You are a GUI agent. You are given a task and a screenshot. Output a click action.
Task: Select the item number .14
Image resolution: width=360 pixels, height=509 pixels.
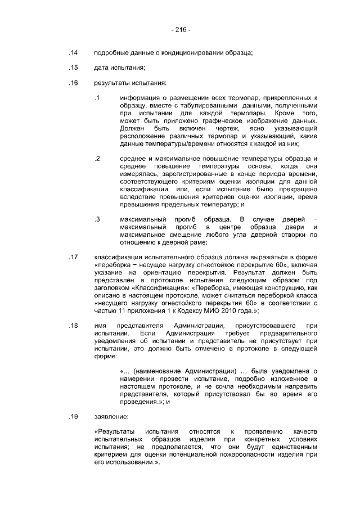click(73, 53)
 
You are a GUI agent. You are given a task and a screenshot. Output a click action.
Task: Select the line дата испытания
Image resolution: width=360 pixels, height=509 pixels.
click(120, 69)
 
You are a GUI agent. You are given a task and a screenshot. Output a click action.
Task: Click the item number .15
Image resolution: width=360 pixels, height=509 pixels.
click(73, 69)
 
